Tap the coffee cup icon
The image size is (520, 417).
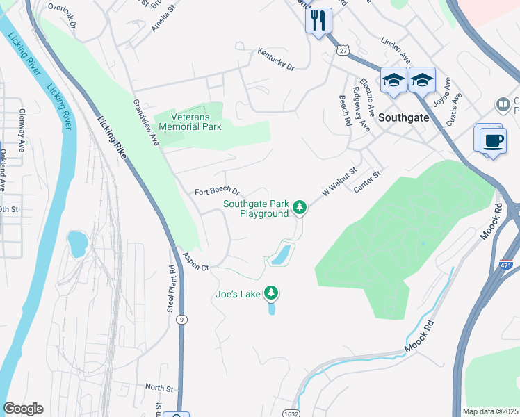click(494, 141)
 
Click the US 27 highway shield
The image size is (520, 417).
click(343, 51)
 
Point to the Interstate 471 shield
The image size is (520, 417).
click(506, 265)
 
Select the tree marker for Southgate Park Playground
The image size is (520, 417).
click(299, 207)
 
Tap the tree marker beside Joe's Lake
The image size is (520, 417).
click(272, 294)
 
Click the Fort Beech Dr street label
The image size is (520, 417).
click(217, 191)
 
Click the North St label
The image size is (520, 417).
click(159, 387)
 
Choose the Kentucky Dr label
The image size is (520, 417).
click(276, 59)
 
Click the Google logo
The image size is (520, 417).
click(23, 409)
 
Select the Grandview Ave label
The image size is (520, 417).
click(146, 122)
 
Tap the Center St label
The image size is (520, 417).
click(368, 183)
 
